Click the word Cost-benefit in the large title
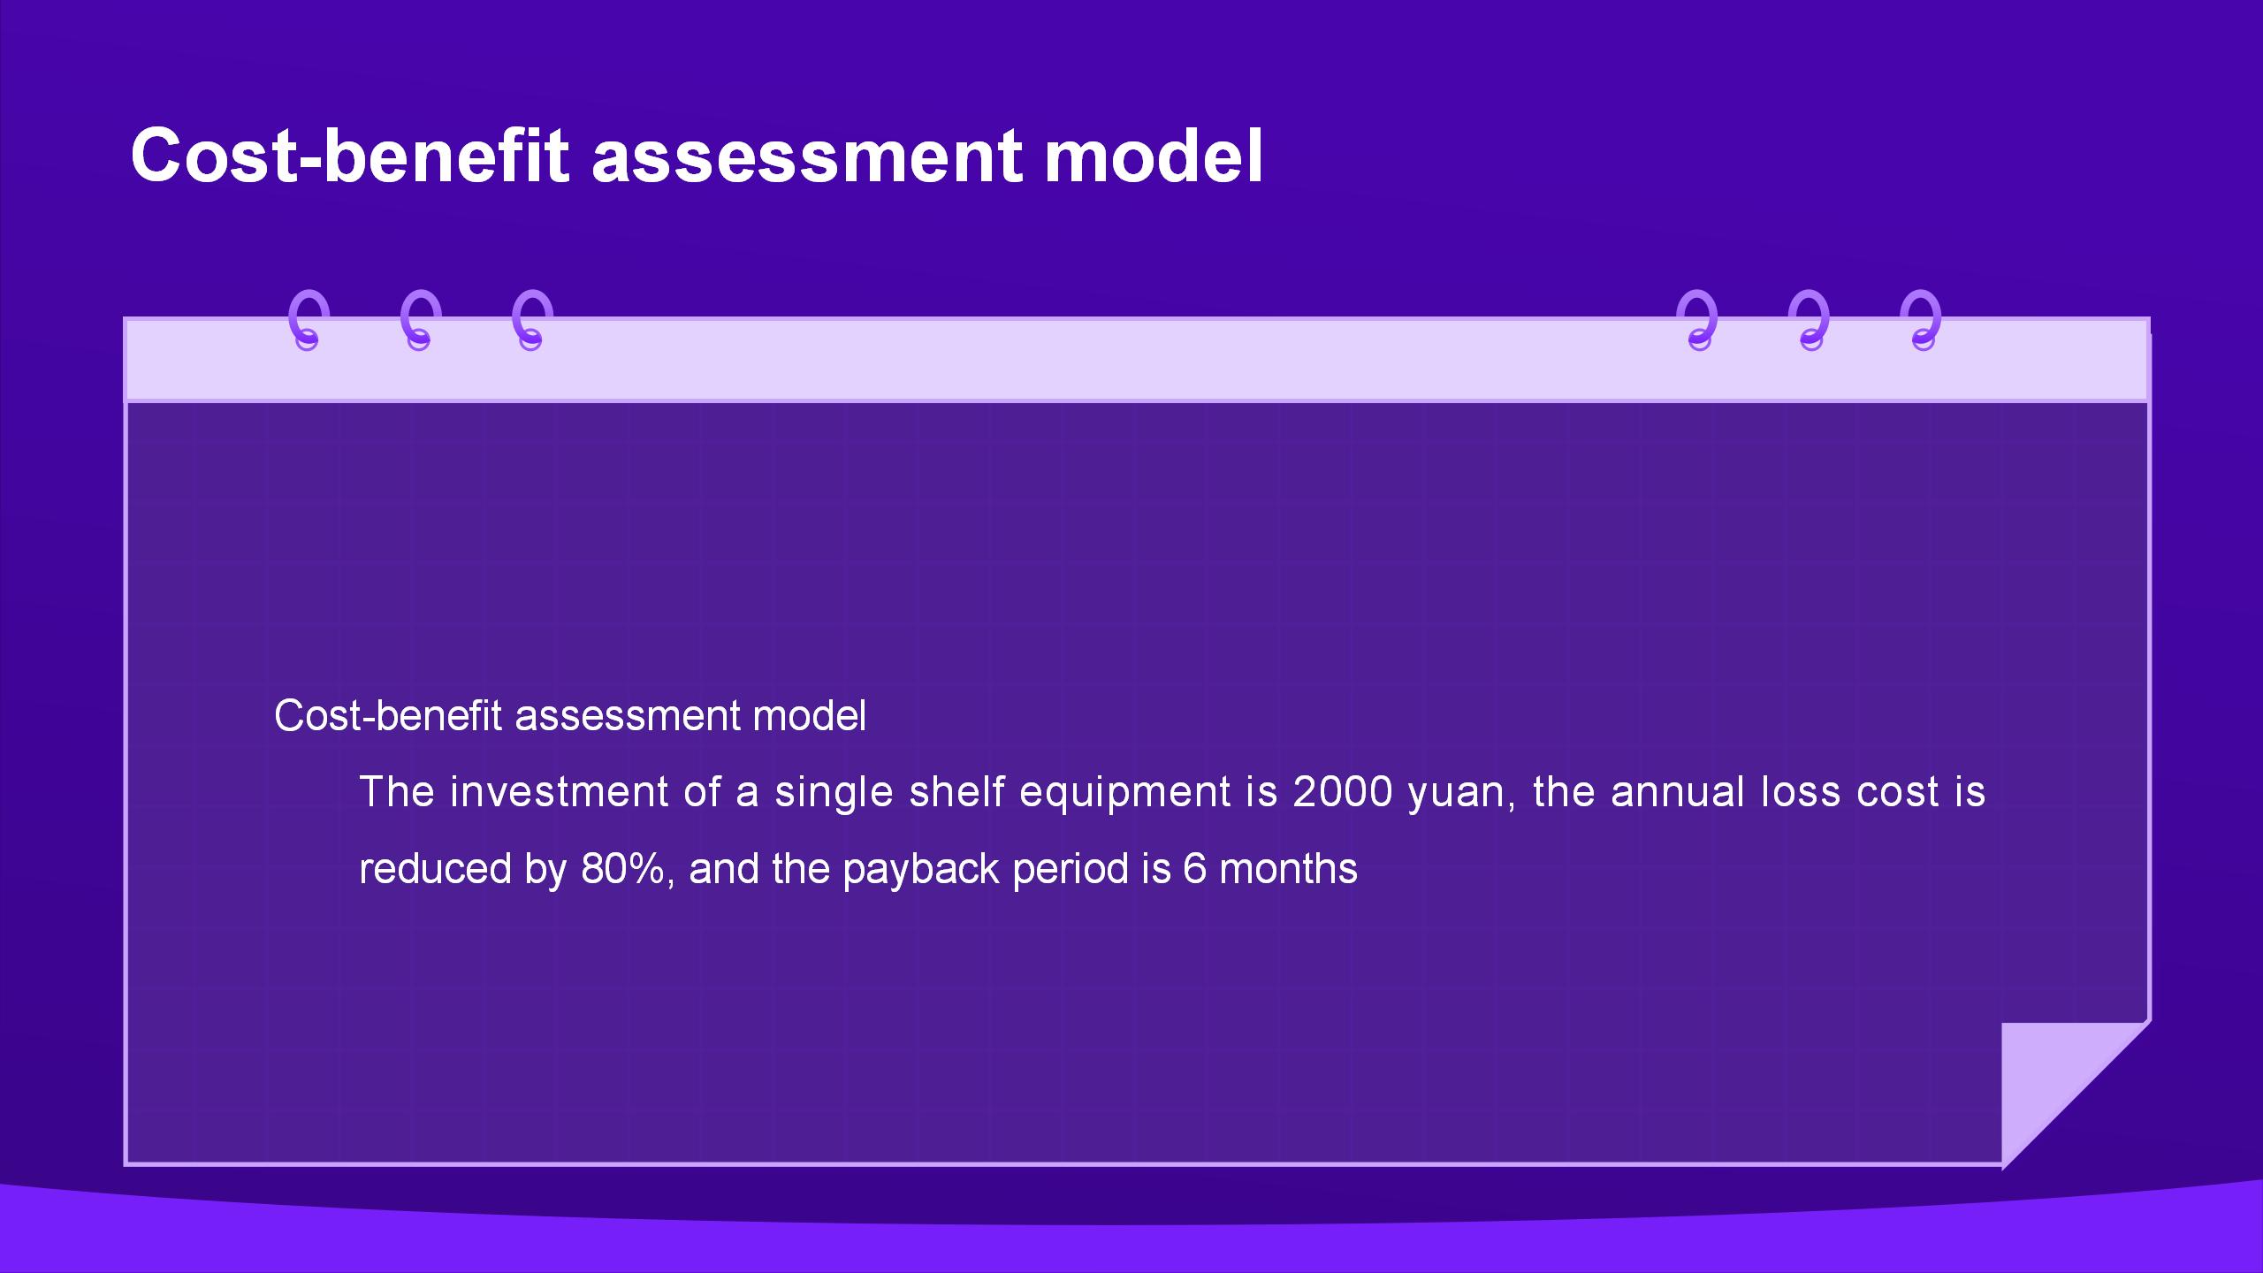(x=350, y=156)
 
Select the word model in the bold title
(x=1154, y=156)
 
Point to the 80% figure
(x=622, y=869)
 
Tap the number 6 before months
(x=1194, y=869)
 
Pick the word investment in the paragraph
(x=559, y=792)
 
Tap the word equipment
(x=1124, y=794)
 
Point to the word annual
(x=1677, y=792)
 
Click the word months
(x=1288, y=869)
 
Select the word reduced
(x=435, y=869)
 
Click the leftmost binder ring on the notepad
(x=309, y=320)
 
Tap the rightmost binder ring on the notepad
(x=1922, y=320)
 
